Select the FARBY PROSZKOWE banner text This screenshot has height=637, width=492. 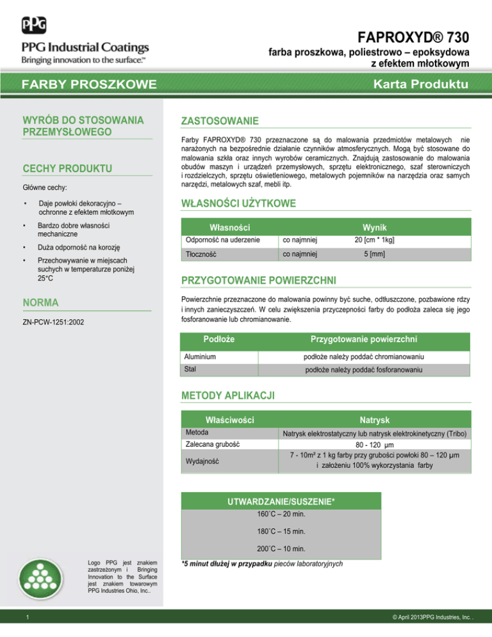pos(90,85)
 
